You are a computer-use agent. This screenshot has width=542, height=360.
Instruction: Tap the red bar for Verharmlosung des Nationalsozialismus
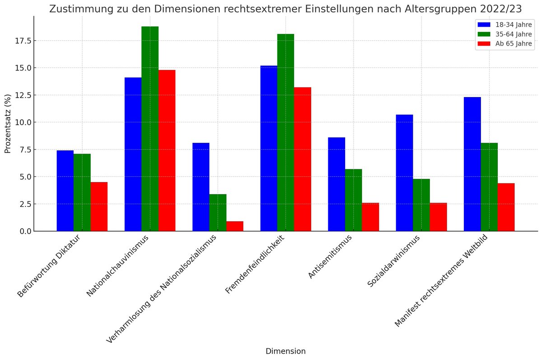[234, 226]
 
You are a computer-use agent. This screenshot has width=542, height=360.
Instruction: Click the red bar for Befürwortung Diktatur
[99, 206]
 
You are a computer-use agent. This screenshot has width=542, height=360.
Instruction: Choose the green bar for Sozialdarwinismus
[421, 205]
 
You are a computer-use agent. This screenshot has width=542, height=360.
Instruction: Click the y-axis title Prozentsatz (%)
[8, 125]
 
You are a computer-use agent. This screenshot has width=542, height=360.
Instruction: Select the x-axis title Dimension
[285, 351]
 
